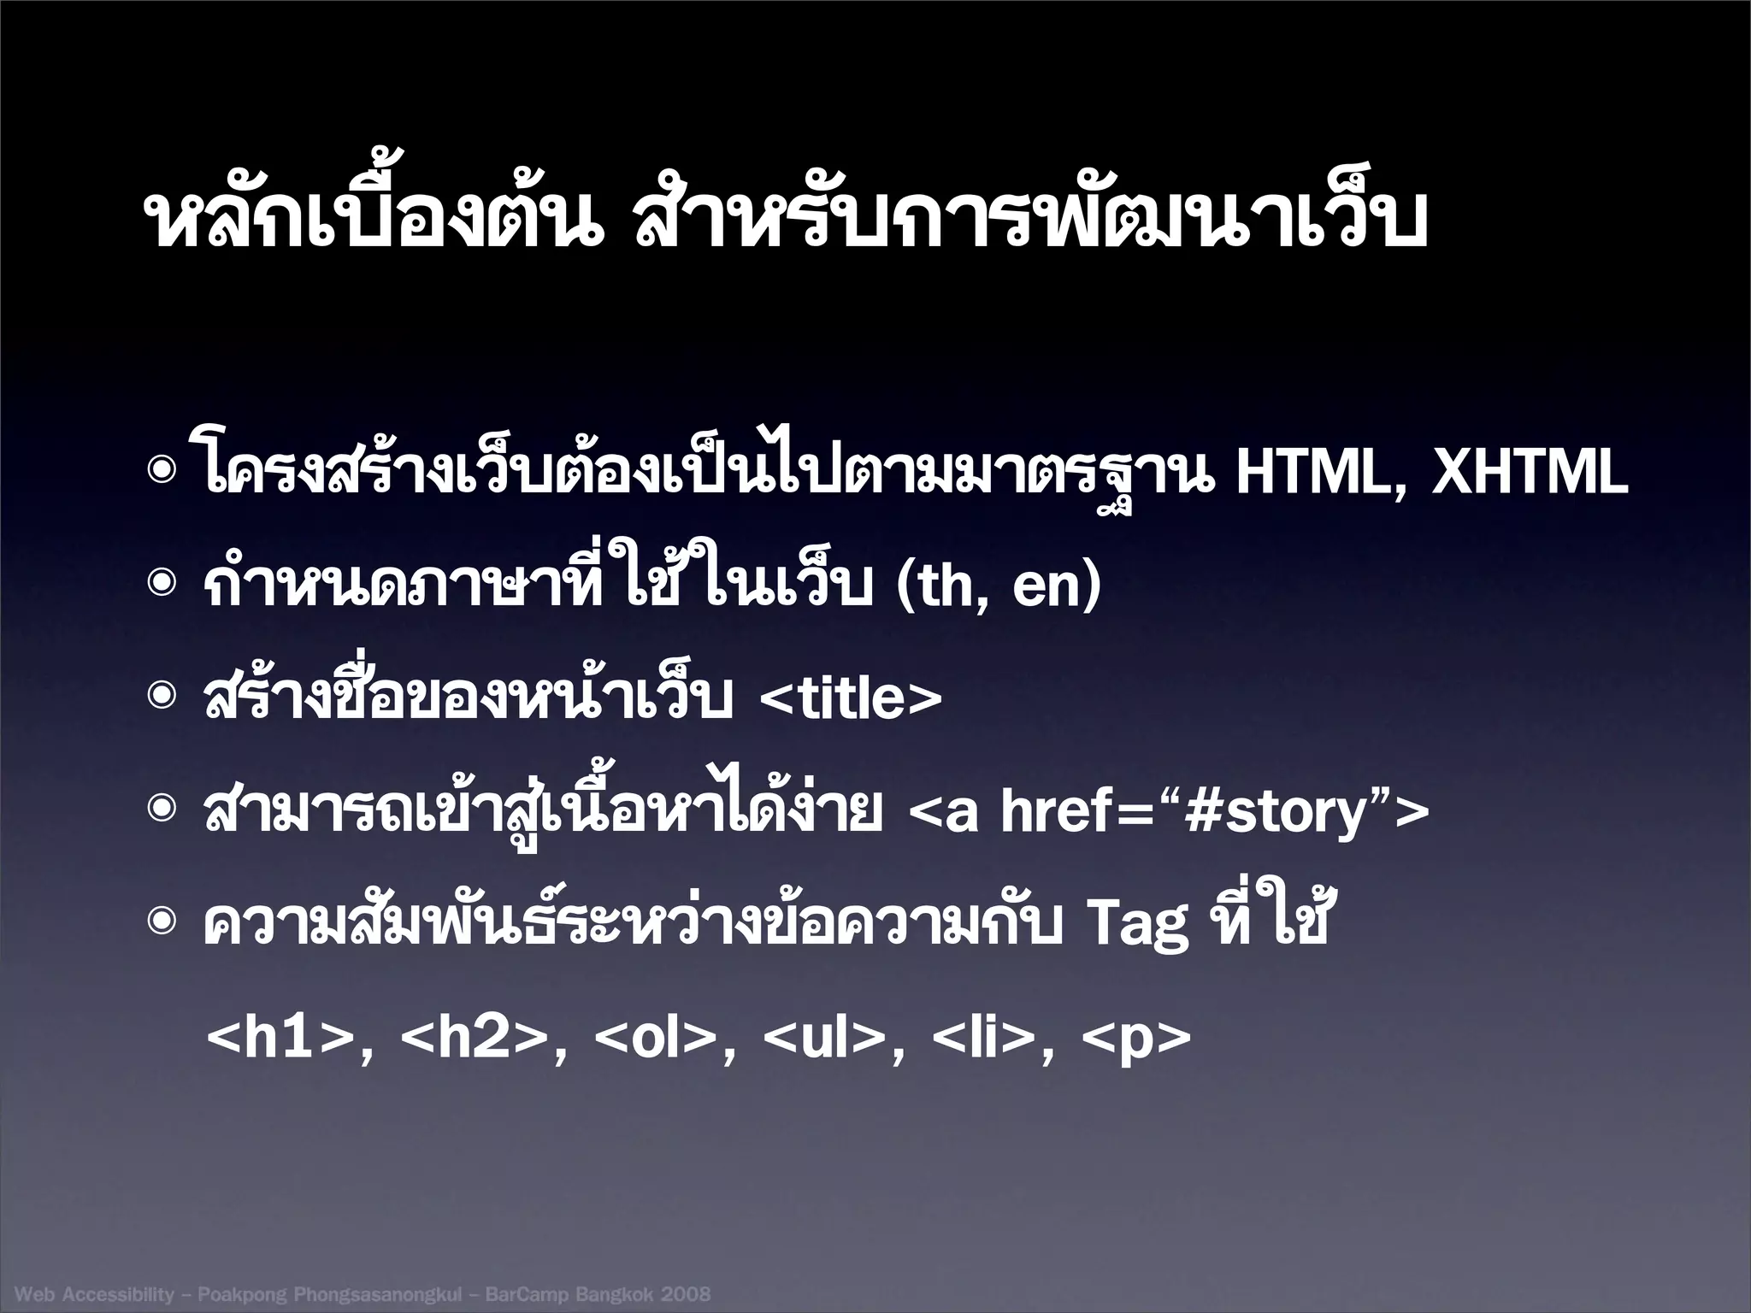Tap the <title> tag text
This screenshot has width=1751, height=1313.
coord(850,698)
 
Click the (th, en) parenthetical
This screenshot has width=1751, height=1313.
coord(998,586)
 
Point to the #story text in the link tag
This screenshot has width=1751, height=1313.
coord(1273,812)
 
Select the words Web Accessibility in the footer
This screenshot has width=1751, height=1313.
coord(94,1293)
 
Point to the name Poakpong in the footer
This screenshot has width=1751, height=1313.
coord(242,1294)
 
